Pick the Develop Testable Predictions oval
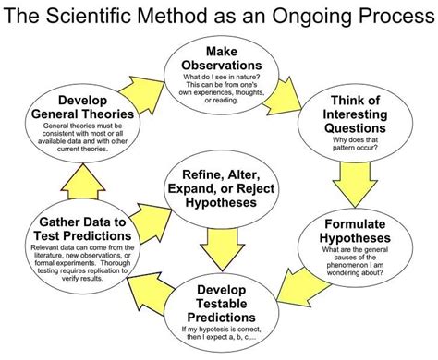tap(222, 309)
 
